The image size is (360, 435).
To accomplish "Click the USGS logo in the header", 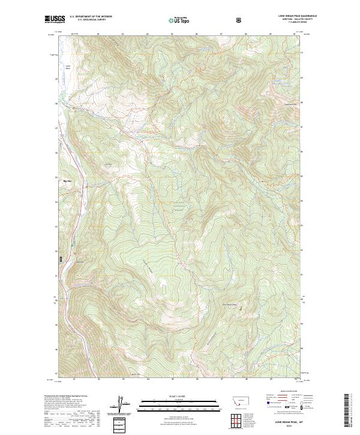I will [54, 20].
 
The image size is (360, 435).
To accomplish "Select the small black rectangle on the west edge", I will [61, 259].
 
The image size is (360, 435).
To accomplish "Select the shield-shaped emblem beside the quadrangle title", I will [241, 20].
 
